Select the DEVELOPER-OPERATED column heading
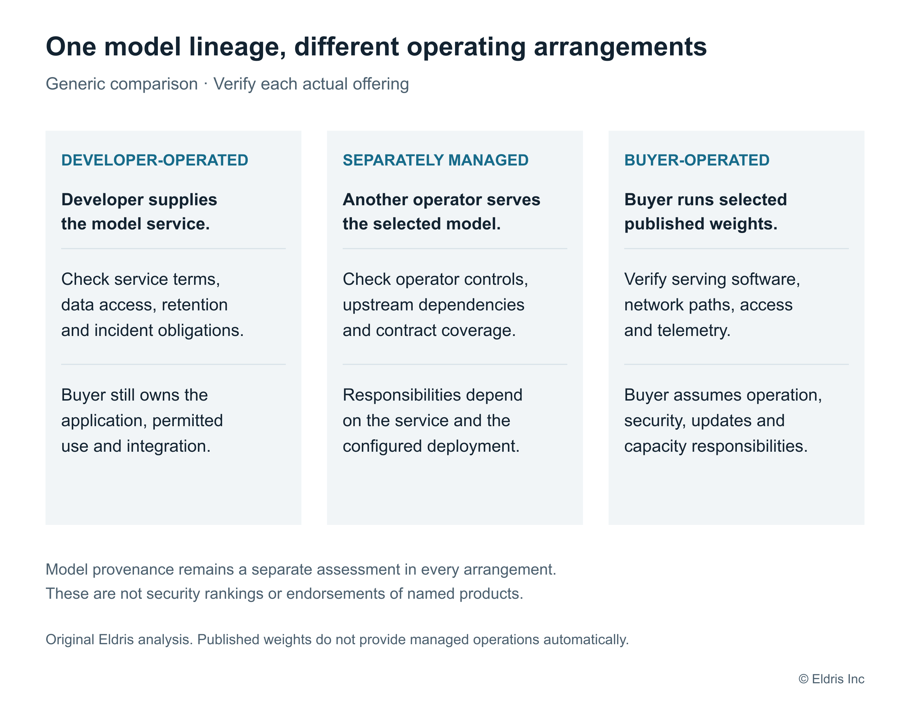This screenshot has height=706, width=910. tap(155, 160)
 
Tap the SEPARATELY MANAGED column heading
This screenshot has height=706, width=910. tap(435, 160)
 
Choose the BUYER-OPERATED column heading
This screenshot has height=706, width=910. tap(697, 160)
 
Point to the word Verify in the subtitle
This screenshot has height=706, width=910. tap(234, 84)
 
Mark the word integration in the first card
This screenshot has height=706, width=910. tap(168, 447)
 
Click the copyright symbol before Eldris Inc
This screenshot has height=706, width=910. tap(803, 679)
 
